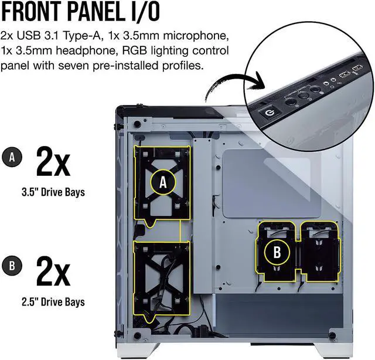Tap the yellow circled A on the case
[x=163, y=182]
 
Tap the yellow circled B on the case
[x=277, y=252]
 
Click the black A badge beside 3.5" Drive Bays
[x=12, y=157]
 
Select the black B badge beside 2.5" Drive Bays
[x=12, y=266]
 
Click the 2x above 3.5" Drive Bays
[x=53, y=162]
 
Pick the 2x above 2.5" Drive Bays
[x=53, y=271]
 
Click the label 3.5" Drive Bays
[x=53, y=192]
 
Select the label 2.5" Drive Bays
[x=53, y=302]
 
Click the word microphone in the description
[x=195, y=36]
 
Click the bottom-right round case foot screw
[x=332, y=335]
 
